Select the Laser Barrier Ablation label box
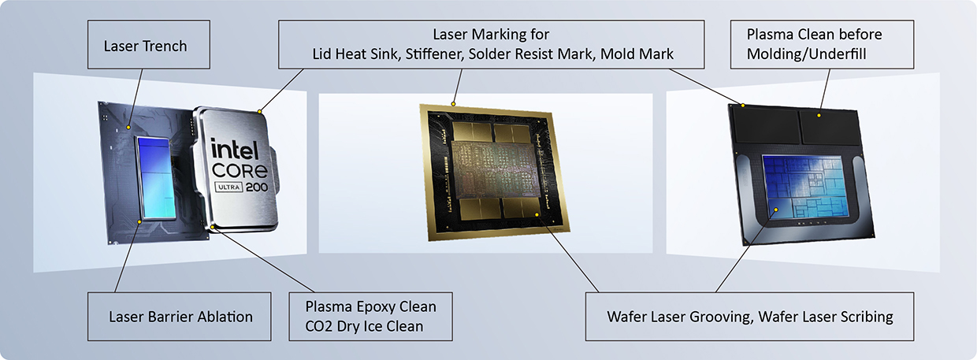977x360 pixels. [x=180, y=317]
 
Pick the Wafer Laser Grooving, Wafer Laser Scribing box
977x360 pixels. [x=749, y=317]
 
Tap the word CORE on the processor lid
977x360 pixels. [x=240, y=170]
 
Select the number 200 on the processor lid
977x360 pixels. [x=256, y=188]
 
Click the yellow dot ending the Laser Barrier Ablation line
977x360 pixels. [x=140, y=222]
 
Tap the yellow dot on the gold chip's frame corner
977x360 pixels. [x=454, y=103]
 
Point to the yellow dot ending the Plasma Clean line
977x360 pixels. [x=819, y=116]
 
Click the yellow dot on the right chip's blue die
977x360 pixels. [x=777, y=210]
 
